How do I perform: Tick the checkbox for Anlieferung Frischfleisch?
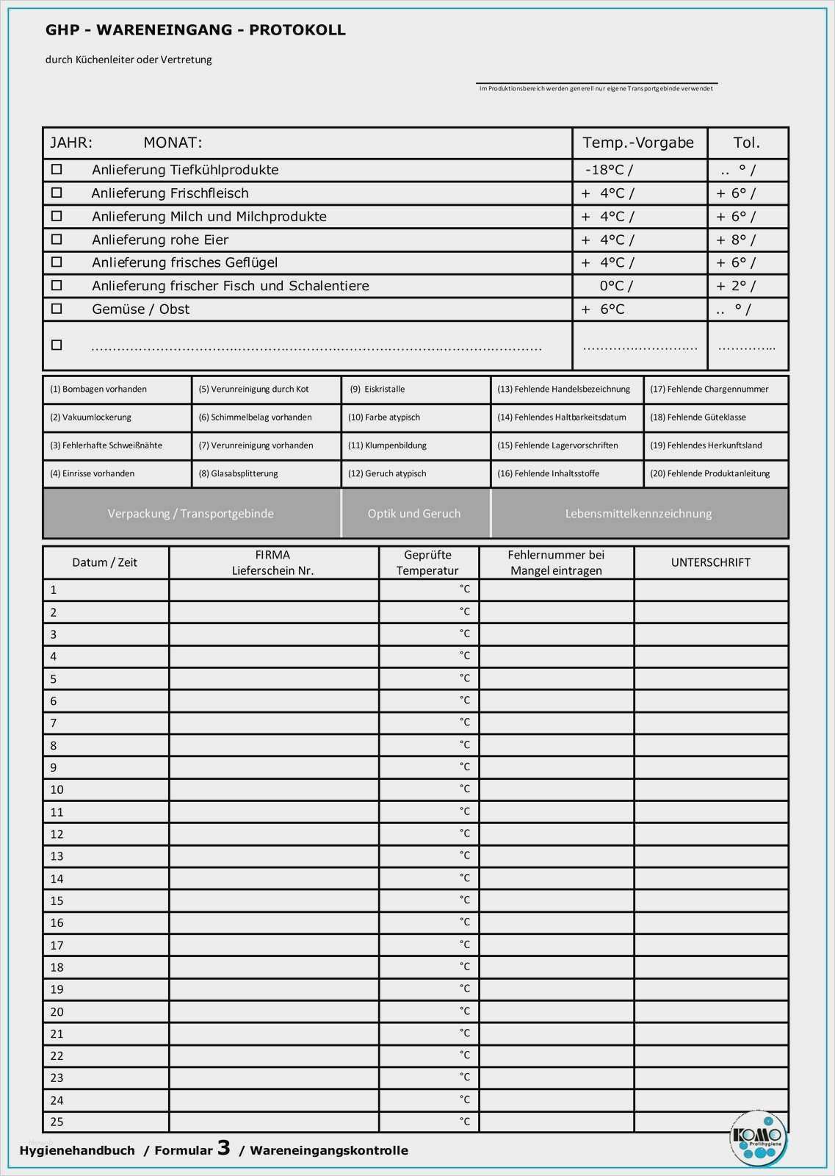(57, 193)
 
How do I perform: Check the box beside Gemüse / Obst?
(57, 309)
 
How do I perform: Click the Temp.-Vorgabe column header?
(638, 143)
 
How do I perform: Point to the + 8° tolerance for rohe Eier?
(735, 240)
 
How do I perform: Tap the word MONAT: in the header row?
(173, 143)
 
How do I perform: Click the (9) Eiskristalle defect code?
(377, 390)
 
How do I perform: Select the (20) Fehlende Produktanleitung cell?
(709, 473)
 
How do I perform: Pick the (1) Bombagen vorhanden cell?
(98, 390)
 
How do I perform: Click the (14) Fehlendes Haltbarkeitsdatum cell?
(562, 417)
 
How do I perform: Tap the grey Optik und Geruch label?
(414, 514)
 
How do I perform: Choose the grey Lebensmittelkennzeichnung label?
(638, 514)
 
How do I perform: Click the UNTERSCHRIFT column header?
(710, 562)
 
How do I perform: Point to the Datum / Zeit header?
(105, 562)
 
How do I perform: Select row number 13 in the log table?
(57, 856)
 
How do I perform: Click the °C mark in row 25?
(465, 1121)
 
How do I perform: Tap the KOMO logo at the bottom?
(758, 1136)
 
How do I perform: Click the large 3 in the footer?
(224, 1147)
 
